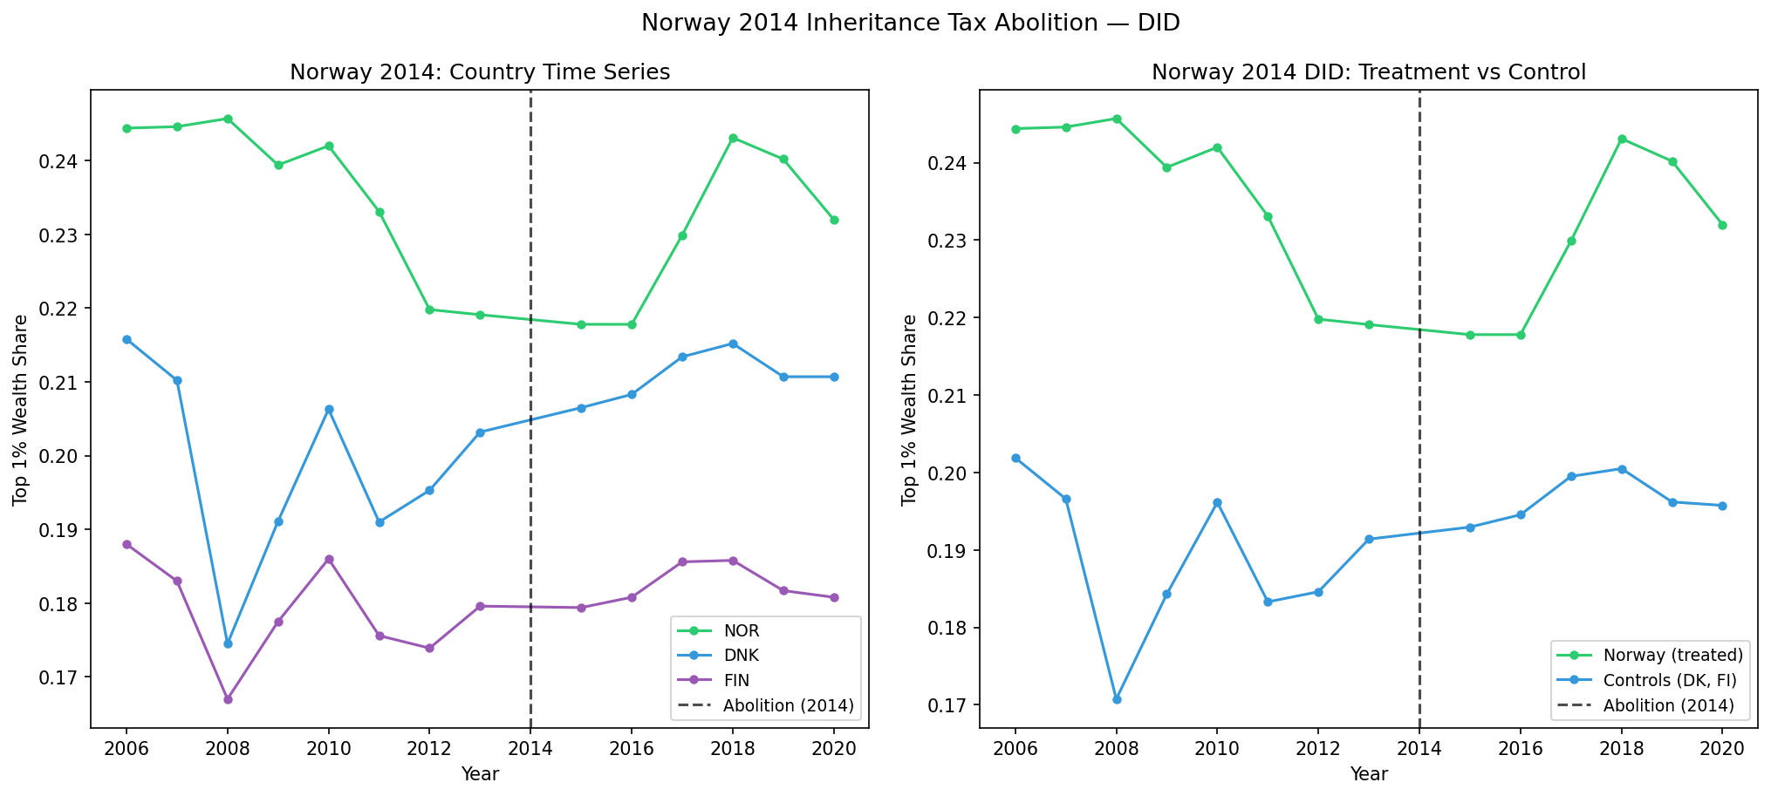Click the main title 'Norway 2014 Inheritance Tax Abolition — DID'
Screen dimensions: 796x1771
pyautogui.click(x=910, y=24)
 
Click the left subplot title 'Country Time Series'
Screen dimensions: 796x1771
pyautogui.click(x=479, y=72)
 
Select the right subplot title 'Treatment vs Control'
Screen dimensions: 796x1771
pyautogui.click(x=1368, y=72)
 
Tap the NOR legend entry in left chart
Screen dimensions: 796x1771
pyautogui.click(x=741, y=631)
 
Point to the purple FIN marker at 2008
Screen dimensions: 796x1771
pyautogui.click(x=228, y=699)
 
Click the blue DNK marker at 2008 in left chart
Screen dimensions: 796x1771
pyautogui.click(x=228, y=643)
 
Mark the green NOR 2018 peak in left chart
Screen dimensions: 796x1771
pyautogui.click(x=733, y=138)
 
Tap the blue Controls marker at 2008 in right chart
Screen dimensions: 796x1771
pyautogui.click(x=1117, y=699)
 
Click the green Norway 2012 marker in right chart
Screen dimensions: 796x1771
pyautogui.click(x=1318, y=319)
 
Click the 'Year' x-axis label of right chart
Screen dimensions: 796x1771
pyautogui.click(x=1368, y=774)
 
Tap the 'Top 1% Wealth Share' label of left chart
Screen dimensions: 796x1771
pyautogui.click(x=21, y=410)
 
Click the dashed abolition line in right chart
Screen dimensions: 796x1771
pyautogui.click(x=1419, y=436)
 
